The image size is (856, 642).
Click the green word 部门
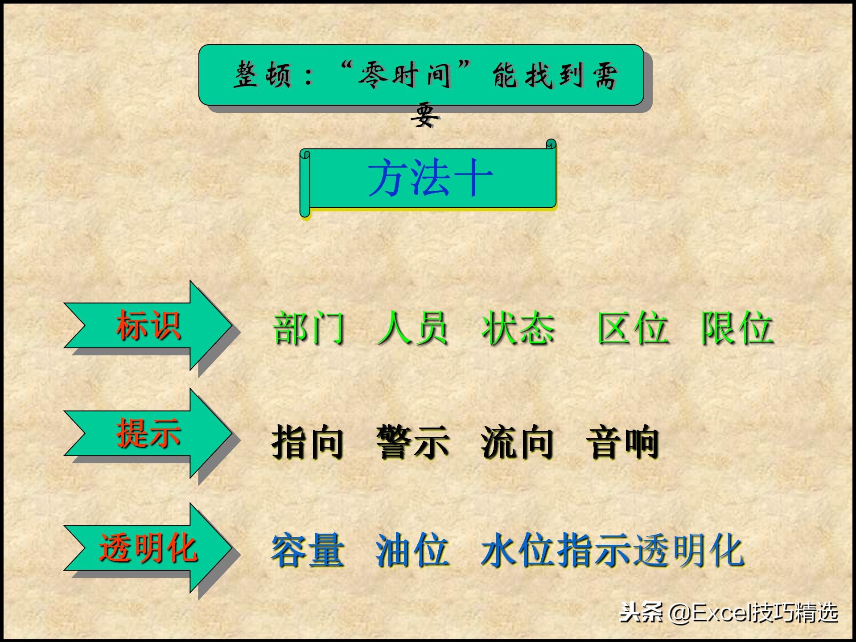309,329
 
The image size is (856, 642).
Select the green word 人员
412,329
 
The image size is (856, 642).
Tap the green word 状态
518,329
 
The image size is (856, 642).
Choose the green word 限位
737,329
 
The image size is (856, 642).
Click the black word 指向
308,442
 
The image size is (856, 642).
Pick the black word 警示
412,442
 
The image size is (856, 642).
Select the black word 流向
517,442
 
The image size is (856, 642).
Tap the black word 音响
622,442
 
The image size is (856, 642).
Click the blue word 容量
308,551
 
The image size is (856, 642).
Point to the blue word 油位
412,551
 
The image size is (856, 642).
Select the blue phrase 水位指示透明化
612,551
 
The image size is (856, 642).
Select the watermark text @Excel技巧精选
753,613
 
